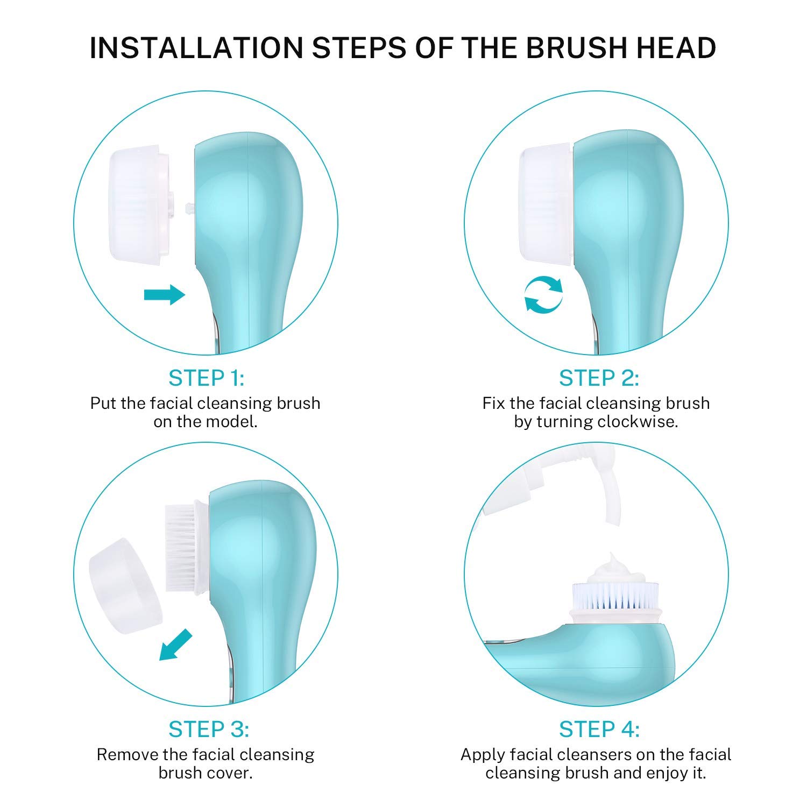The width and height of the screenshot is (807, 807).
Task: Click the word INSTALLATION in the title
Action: (196, 48)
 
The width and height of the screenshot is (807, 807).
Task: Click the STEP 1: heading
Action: (206, 378)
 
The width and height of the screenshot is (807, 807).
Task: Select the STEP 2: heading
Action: (599, 378)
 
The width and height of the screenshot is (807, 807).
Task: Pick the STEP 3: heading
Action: (208, 730)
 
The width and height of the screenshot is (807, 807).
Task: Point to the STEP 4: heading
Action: (599, 730)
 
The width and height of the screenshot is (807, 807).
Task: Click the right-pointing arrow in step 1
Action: (165, 294)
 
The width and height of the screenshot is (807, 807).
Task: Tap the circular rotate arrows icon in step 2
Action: (543, 294)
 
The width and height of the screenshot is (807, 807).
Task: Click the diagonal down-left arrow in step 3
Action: (176, 645)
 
